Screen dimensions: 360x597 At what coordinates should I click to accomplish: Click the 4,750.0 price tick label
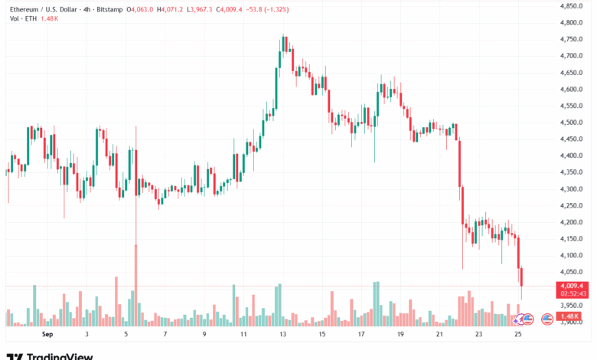(572, 39)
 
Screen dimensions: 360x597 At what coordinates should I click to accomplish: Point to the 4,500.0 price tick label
(572, 123)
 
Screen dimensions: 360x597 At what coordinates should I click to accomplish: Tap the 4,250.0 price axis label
(572, 205)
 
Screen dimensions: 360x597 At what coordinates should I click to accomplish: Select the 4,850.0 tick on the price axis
(572, 6)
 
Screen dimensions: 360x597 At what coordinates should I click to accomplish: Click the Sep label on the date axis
(47, 334)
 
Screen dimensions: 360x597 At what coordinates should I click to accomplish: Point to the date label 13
(283, 334)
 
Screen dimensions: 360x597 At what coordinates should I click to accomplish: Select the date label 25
(517, 334)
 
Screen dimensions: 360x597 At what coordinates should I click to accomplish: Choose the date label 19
(400, 334)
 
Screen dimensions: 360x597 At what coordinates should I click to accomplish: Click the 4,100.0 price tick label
(572, 255)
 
